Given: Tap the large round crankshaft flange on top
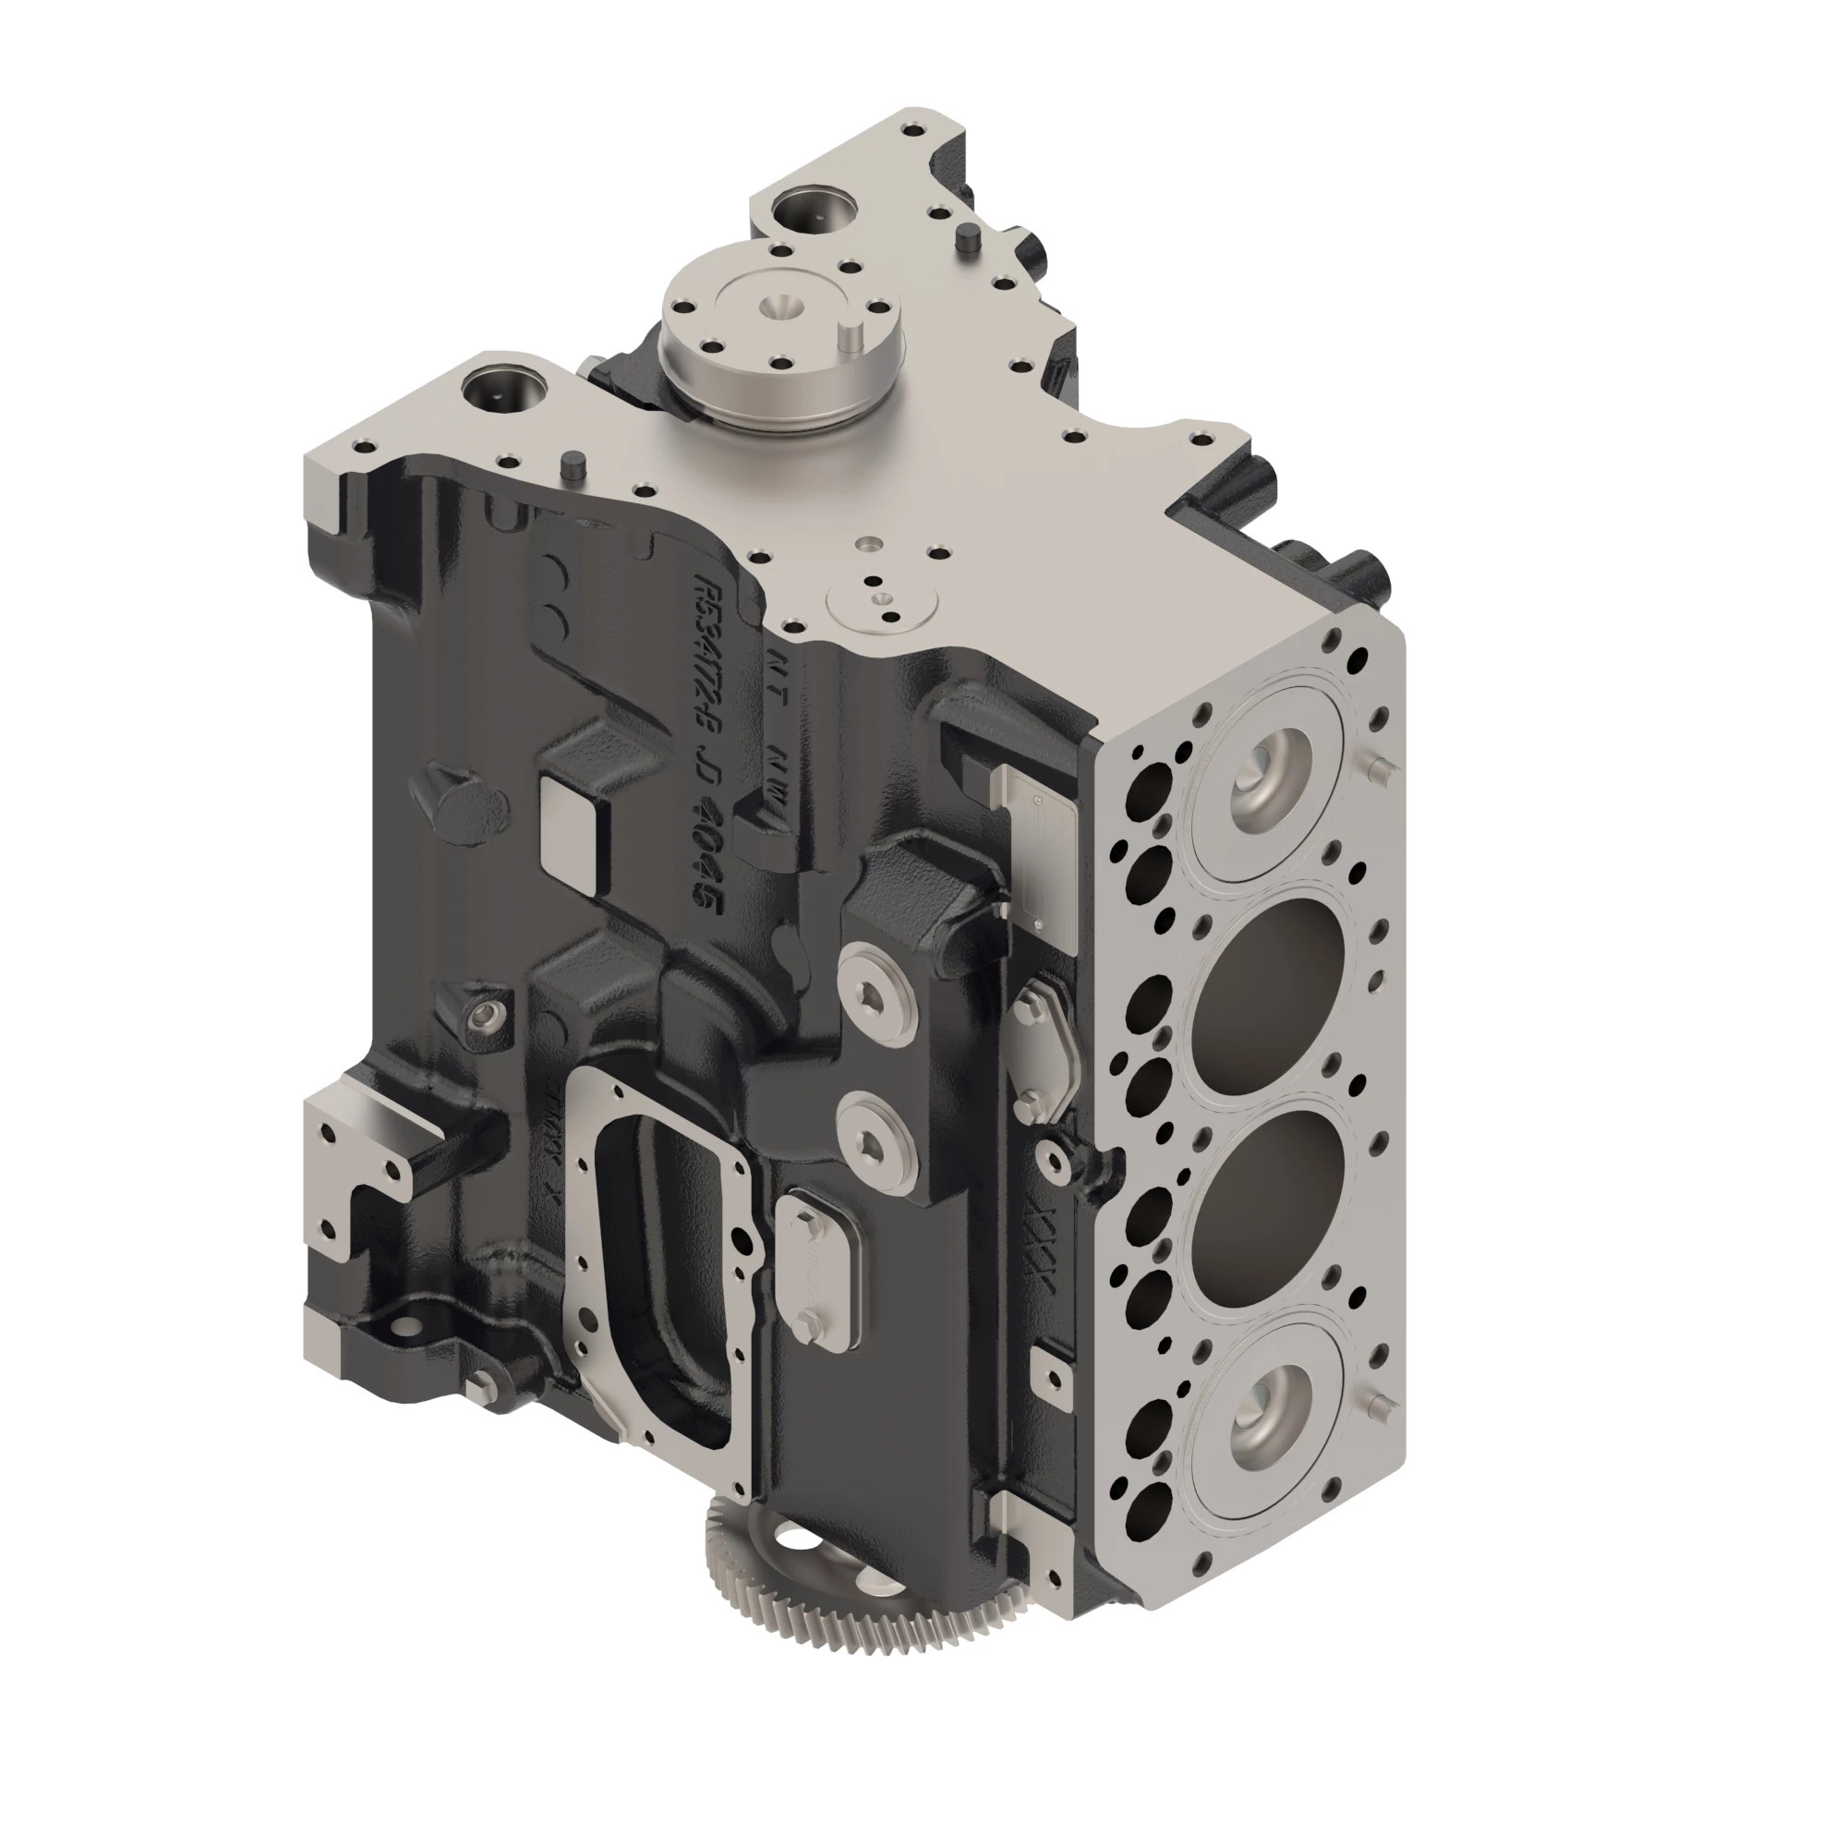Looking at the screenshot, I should (779, 334).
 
